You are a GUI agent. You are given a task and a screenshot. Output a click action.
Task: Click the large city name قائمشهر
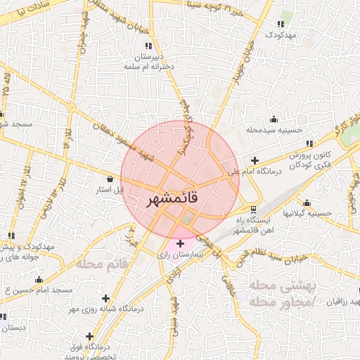(x=172, y=199)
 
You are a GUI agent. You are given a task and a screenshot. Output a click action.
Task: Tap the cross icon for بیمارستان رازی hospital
(x=181, y=243)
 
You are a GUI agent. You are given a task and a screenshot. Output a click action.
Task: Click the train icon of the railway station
(x=253, y=209)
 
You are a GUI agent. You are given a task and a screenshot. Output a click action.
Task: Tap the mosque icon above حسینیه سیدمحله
(x=274, y=119)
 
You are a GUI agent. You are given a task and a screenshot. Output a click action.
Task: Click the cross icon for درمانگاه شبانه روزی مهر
(x=106, y=297)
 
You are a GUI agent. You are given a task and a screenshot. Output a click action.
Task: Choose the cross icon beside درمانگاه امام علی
(x=255, y=160)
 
